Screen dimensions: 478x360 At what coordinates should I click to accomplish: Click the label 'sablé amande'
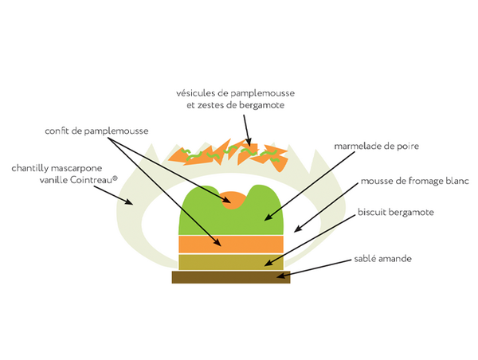coord(382,259)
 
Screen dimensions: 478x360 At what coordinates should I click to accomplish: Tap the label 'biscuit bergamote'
coord(396,212)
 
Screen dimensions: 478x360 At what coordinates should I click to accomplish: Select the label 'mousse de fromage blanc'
coord(414,181)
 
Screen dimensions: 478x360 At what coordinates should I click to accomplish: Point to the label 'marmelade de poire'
coord(377,146)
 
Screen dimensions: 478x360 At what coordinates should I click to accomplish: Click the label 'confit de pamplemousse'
coord(96,131)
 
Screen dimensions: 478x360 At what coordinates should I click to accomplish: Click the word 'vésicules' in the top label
coord(195,93)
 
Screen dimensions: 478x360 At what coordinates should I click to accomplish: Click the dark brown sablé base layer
coord(231,277)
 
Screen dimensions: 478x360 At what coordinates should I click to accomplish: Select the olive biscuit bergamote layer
coord(231,262)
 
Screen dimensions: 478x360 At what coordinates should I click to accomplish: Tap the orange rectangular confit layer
coord(231,245)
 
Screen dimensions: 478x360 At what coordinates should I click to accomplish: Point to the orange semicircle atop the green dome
coord(233,200)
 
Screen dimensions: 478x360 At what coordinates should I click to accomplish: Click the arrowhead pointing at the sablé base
coord(280,276)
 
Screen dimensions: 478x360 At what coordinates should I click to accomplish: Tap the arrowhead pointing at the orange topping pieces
coord(249,142)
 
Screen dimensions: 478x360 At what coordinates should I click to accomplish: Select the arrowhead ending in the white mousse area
coord(298,229)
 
